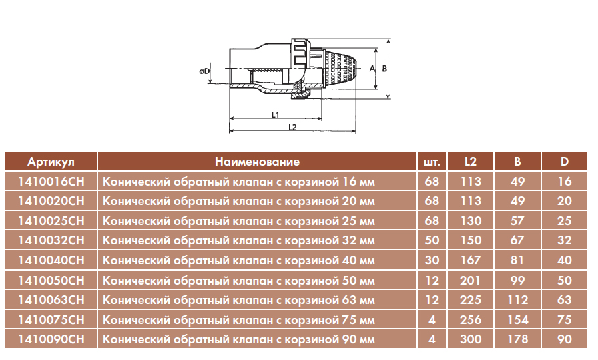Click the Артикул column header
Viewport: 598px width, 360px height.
pyautogui.click(x=51, y=162)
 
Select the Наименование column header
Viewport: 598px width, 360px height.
pyautogui.click(x=257, y=162)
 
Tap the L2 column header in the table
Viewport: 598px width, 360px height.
pyautogui.click(x=471, y=162)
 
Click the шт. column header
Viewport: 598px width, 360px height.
pyautogui.click(x=432, y=162)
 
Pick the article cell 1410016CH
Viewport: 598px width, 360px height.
pyautogui.click(x=51, y=182)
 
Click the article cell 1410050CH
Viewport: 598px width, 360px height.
pyautogui.click(x=51, y=281)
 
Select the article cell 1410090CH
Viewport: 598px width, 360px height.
pyautogui.click(x=51, y=339)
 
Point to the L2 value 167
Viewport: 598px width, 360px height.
pyautogui.click(x=471, y=260)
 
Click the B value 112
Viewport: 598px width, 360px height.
pyautogui.click(x=517, y=300)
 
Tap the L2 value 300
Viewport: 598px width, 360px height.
pyautogui.click(x=471, y=339)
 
